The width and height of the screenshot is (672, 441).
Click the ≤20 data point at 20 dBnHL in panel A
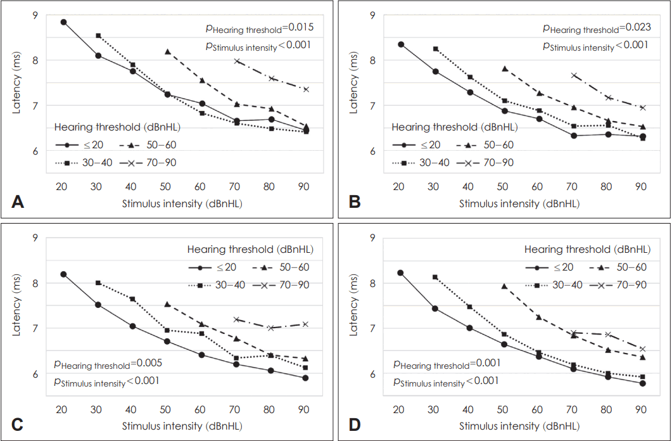[63, 22]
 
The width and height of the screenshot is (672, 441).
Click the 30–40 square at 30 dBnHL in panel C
[98, 283]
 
